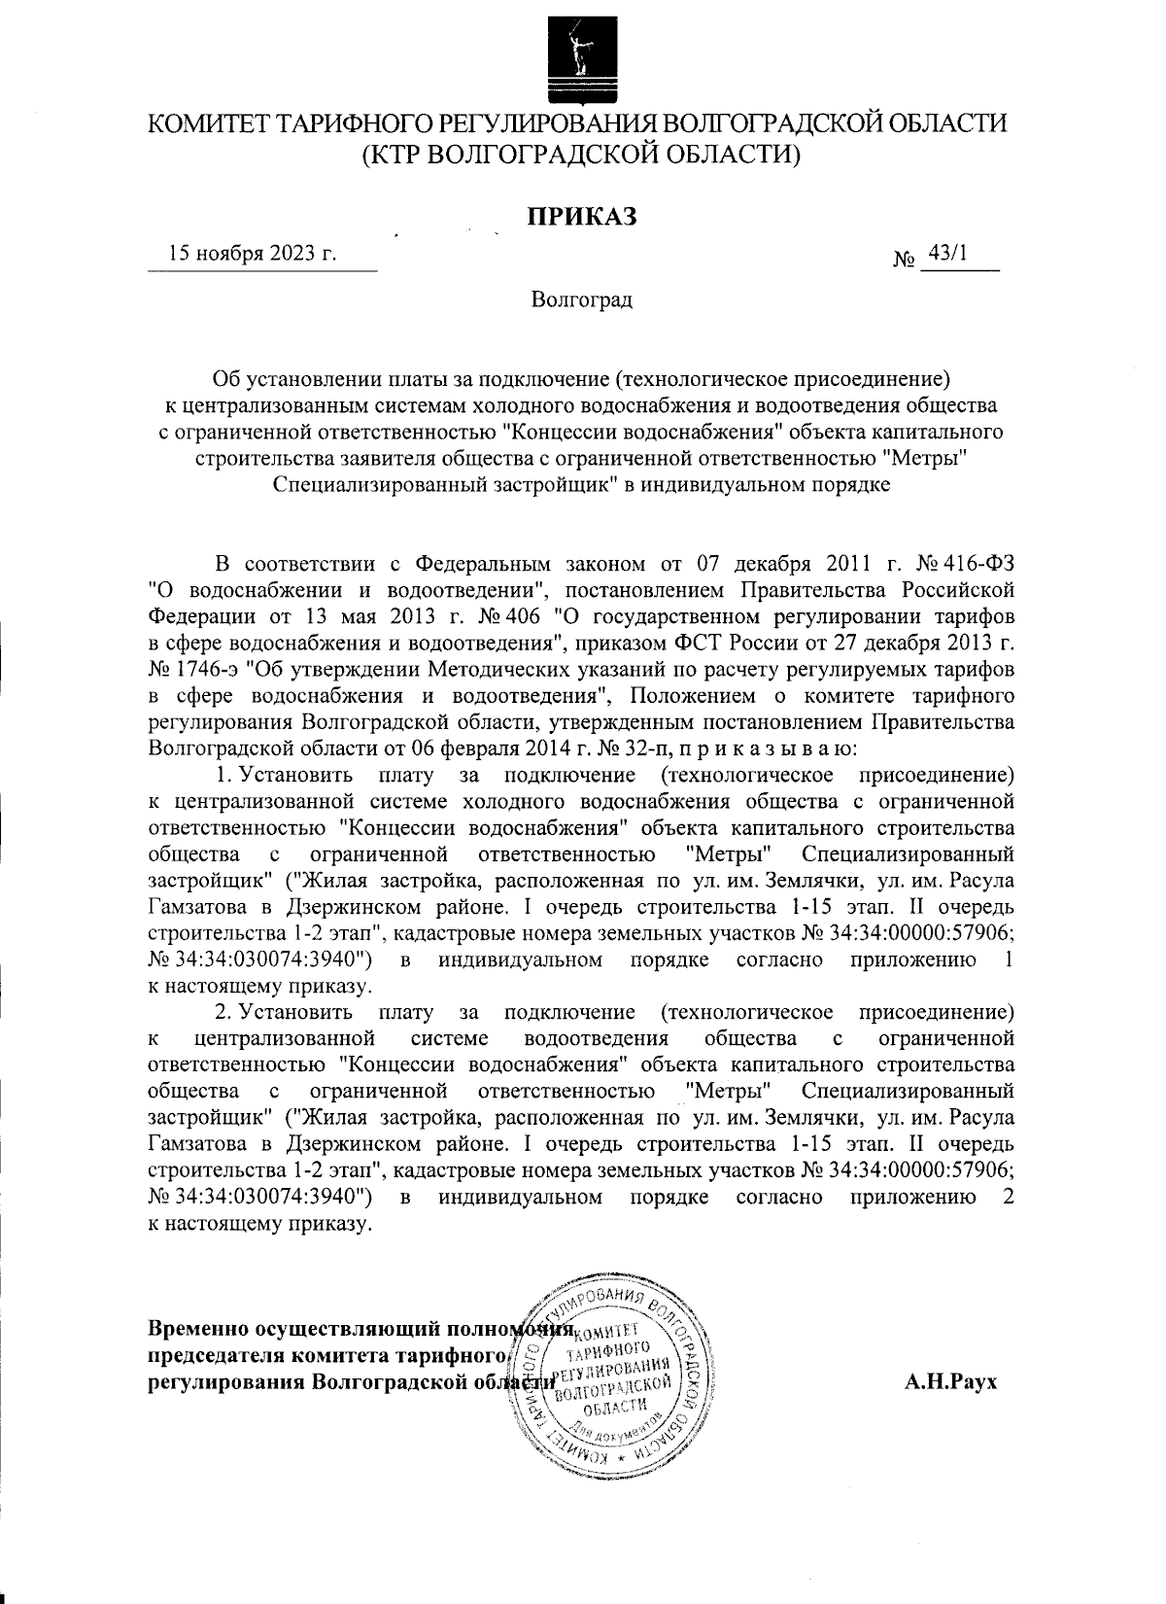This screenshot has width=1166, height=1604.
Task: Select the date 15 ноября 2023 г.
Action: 253,255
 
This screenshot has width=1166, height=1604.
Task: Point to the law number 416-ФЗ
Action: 978,565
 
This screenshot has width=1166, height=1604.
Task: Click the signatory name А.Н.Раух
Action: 950,1381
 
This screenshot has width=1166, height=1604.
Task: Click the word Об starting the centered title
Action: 226,379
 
